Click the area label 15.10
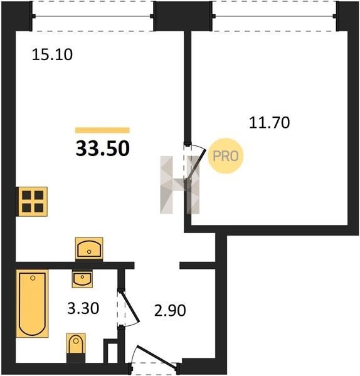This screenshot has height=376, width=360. [52, 55]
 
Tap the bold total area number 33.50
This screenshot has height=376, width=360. [103, 149]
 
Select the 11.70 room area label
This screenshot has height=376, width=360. [269, 123]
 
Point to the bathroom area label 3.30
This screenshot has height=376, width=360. [83, 308]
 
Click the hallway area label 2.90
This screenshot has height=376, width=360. [170, 310]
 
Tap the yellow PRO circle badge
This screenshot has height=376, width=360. [226, 156]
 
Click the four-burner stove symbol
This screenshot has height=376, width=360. [32, 202]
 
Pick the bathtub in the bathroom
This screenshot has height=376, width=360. [32, 303]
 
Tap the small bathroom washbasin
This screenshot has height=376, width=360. [82, 279]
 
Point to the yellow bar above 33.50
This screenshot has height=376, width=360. [102, 130]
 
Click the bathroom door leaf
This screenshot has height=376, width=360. [130, 306]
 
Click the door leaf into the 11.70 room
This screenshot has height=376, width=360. [198, 164]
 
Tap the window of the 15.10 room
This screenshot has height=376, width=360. [93, 16]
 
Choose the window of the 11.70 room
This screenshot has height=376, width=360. [274, 16]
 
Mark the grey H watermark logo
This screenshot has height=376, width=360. [180, 185]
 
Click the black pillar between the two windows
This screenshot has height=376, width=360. [183, 16]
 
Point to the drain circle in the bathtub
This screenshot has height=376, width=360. [33, 278]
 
